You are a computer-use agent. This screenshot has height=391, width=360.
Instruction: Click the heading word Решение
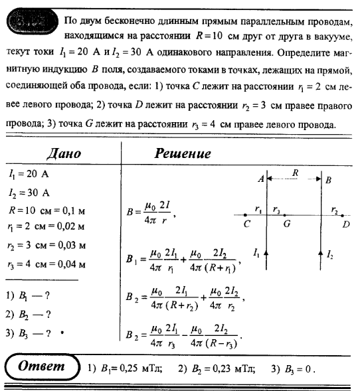click(183, 153)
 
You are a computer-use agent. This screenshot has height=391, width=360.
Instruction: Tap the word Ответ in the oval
click(41, 366)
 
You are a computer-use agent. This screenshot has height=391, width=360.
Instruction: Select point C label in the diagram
click(246, 224)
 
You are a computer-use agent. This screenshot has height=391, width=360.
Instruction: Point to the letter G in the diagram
click(287, 224)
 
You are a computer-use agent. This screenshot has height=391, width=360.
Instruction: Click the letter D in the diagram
click(346, 224)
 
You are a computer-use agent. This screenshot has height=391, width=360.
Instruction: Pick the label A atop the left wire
click(260, 179)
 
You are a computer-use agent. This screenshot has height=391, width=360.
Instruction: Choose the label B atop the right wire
click(329, 180)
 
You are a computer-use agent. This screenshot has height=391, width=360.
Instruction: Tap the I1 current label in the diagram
click(256, 253)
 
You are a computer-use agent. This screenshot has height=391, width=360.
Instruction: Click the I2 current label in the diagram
click(330, 253)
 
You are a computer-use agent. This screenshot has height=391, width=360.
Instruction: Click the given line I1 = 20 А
click(30, 175)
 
